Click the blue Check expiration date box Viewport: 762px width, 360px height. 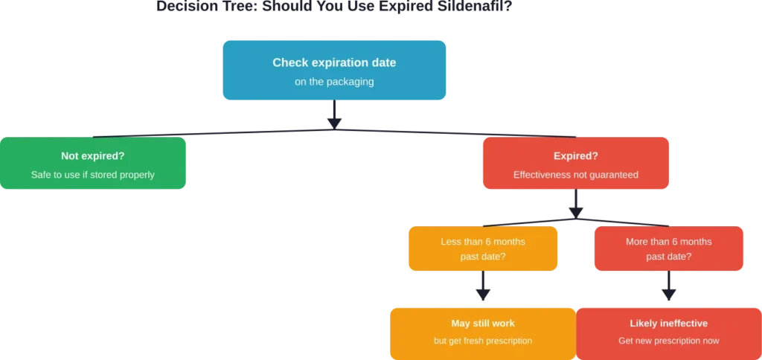333,69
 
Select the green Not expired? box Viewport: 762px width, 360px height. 94,164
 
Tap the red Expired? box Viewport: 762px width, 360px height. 576,164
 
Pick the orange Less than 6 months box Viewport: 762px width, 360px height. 482,249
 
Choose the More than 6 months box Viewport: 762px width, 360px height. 668,249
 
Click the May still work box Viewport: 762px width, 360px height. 482,332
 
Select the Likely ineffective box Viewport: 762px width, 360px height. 668,332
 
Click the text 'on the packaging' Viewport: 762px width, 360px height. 334,82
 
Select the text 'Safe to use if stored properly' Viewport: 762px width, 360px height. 93,176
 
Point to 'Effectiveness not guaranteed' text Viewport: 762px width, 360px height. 576,176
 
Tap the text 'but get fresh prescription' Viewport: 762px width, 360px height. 482,341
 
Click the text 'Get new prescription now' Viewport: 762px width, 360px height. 668,341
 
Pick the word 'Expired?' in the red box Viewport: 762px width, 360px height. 576,156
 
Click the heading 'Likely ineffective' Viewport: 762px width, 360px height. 668,324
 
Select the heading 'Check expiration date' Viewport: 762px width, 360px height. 334,62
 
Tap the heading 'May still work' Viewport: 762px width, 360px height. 482,324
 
